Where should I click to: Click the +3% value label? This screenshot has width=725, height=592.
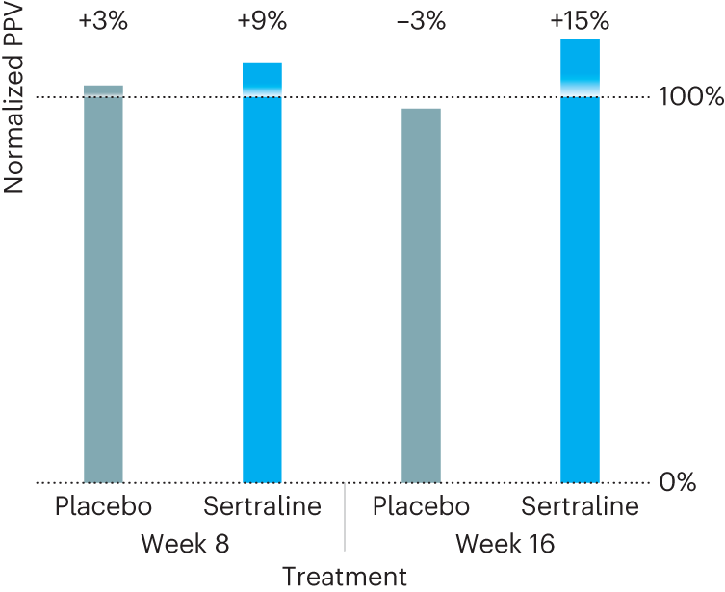pos(103,21)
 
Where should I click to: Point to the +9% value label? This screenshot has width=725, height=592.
pos(262,21)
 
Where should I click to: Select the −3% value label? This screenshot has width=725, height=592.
pos(421,21)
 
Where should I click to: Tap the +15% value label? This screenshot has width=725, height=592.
pos(580,21)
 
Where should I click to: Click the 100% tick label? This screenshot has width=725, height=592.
pos(690,97)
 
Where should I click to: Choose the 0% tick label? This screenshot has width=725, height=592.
pos(678,483)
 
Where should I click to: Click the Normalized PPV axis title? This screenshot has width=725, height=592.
pos(13,97)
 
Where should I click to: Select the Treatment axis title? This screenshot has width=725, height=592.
pos(344,577)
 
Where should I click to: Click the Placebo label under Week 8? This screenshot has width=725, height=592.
pos(103,507)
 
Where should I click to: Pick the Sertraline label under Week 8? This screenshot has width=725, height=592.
pos(262,507)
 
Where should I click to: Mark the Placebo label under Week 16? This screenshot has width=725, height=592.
pos(421,507)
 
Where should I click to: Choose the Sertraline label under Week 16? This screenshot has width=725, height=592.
pos(580,507)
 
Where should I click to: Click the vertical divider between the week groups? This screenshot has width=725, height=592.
pos(344,520)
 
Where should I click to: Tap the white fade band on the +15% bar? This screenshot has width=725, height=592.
pos(580,90)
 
